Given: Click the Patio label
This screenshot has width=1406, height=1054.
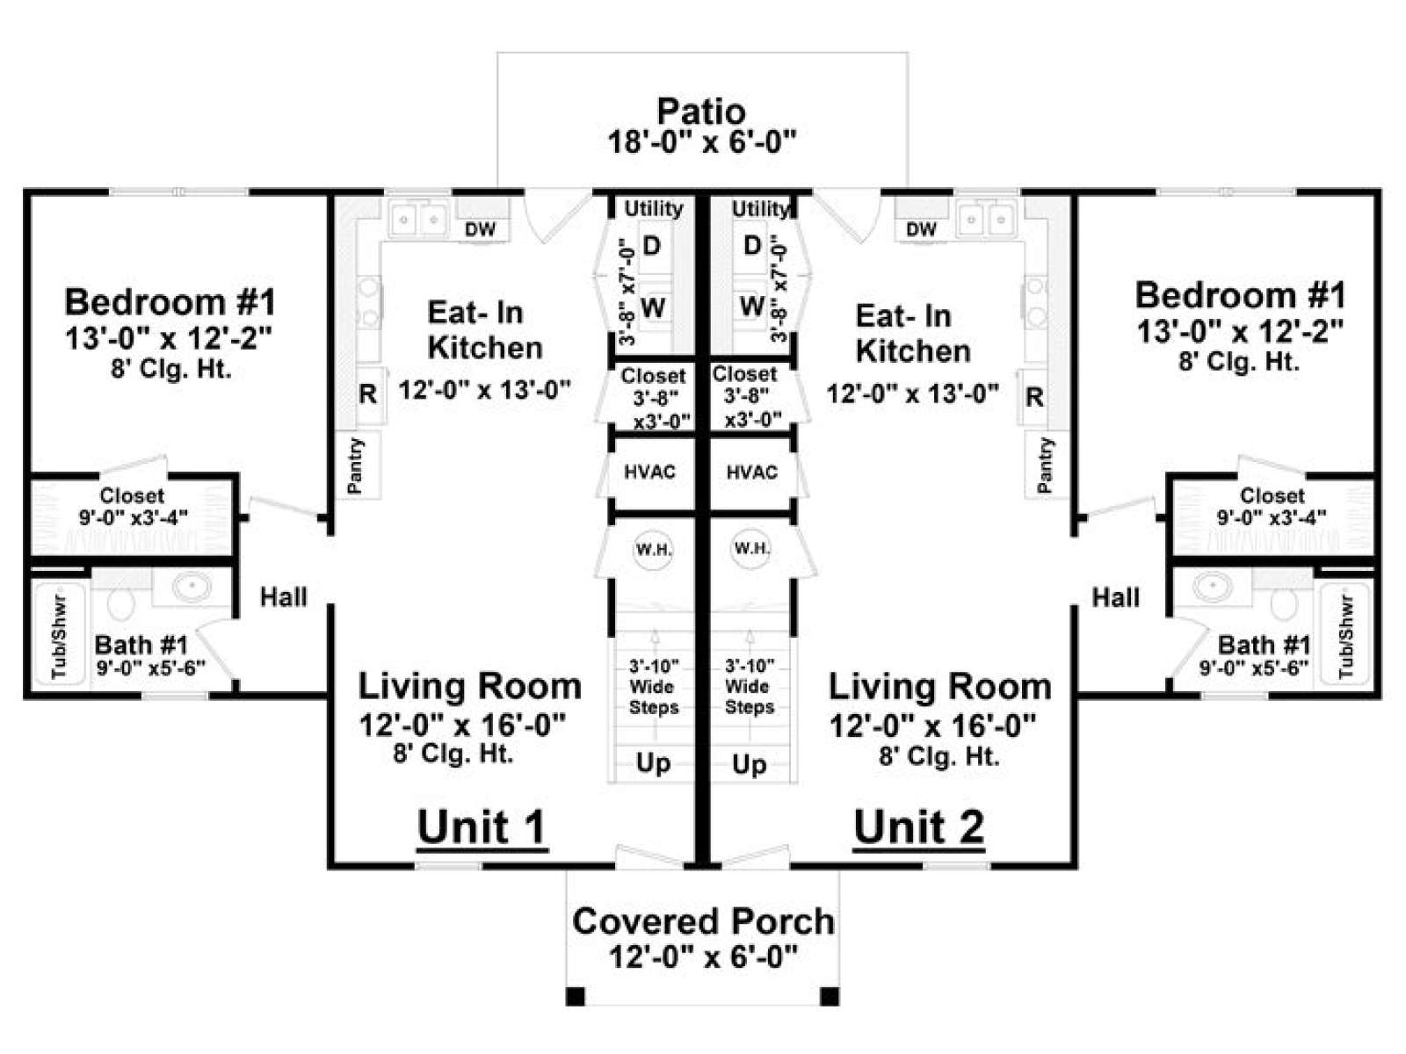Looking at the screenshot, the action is pos(701,112).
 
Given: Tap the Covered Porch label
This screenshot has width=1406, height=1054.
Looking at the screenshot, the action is pos(703,920).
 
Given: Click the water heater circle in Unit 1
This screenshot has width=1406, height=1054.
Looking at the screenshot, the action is pos(653,549).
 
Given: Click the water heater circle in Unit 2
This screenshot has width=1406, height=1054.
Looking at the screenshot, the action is pos(750,548).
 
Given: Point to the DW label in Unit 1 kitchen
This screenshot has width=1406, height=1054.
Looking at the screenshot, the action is pos(481,229).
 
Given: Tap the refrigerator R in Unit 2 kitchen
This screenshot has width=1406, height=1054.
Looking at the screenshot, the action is pos(1033,397).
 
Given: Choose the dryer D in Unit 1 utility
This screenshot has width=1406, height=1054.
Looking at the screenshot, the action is pos(651,246).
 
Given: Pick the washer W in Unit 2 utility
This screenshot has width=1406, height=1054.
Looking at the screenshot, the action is pos(752,306).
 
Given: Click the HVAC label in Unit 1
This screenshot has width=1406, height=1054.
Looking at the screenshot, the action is pos(649,472).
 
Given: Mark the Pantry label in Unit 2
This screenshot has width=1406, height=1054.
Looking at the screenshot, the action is pos(1045,465).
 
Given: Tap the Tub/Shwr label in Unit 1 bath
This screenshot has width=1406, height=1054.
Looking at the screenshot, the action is pos(60,638).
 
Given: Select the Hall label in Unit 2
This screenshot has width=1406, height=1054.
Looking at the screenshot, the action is pos(1115,598).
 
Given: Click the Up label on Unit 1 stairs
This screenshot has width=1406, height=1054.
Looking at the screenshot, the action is pos(653,762).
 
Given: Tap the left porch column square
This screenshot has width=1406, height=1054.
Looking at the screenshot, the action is pos(575,996).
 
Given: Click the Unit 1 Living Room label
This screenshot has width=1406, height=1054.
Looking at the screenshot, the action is pos(469,686).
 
